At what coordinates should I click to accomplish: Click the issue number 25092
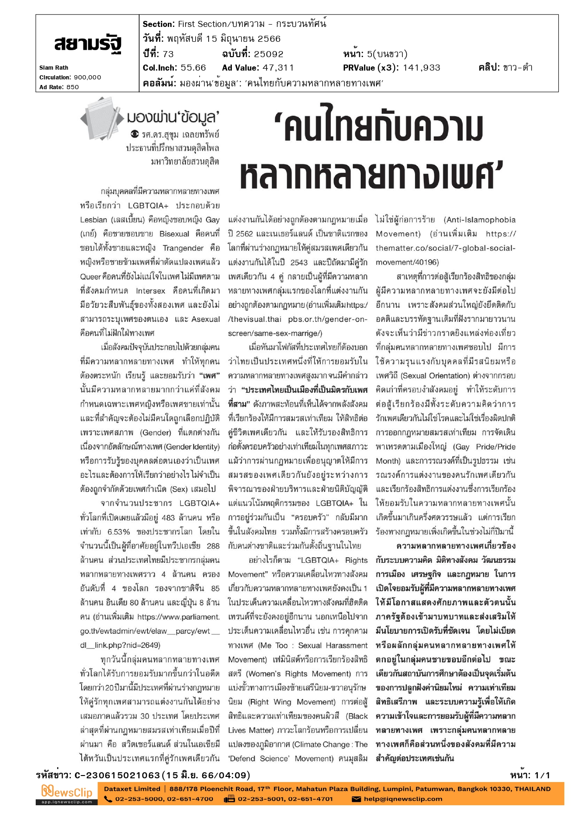(x=268, y=54)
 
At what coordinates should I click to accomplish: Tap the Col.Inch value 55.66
(x=193, y=68)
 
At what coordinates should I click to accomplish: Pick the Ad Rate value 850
(x=72, y=87)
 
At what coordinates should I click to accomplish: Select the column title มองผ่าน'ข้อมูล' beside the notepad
(x=172, y=117)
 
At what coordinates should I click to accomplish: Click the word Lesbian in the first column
(x=94, y=220)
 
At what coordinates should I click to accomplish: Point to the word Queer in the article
(x=90, y=277)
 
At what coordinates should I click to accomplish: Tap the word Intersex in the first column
(x=150, y=291)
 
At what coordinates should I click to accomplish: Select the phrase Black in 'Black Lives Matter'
(x=357, y=716)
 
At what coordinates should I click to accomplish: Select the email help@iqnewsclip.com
(x=403, y=799)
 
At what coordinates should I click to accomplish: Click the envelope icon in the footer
(x=356, y=799)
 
